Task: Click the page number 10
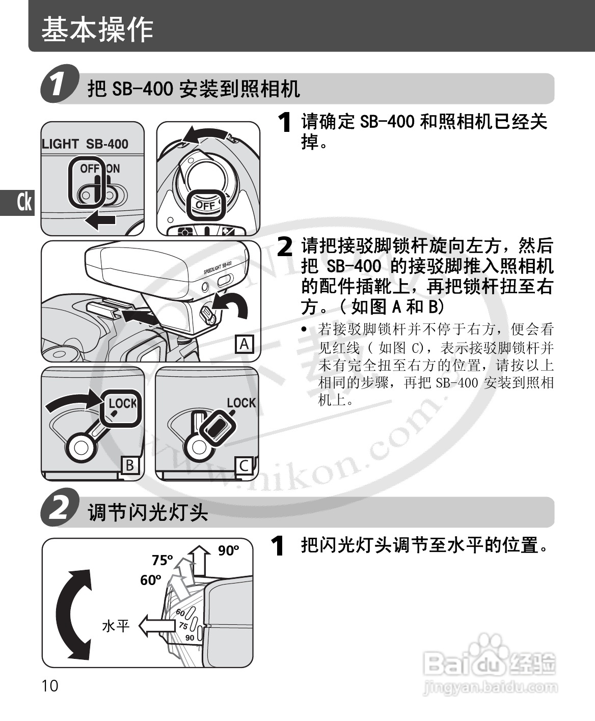pyautogui.click(x=50, y=686)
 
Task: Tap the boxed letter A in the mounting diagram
pyautogui.click(x=245, y=344)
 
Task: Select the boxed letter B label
pyautogui.click(x=129, y=465)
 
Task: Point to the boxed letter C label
pyautogui.click(x=244, y=465)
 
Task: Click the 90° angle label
pyautogui.click(x=228, y=550)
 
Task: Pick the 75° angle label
pyautogui.click(x=163, y=560)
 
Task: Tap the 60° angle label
pyautogui.click(x=151, y=580)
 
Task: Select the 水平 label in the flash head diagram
pyautogui.click(x=116, y=626)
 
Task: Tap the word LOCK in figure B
pyautogui.click(x=123, y=403)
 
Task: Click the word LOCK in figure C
pyautogui.click(x=241, y=403)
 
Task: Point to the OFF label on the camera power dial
pyautogui.click(x=205, y=206)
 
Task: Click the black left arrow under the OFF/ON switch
pyautogui.click(x=100, y=219)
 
